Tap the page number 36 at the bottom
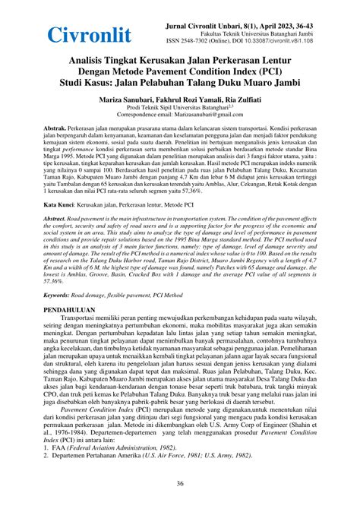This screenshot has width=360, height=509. tap(180, 483)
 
